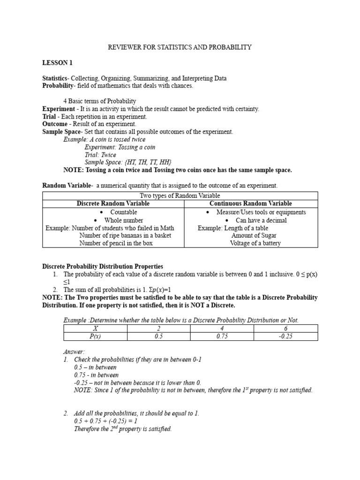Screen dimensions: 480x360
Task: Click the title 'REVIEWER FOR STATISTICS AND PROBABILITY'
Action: click(180, 47)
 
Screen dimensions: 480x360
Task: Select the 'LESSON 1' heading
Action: click(58, 63)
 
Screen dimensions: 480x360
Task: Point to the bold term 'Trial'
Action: click(50, 116)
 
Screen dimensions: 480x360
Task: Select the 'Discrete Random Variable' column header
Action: click(113, 203)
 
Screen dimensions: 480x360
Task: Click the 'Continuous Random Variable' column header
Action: click(250, 203)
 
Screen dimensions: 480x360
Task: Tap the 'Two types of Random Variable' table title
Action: click(180, 195)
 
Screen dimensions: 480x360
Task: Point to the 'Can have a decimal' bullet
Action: click(261, 220)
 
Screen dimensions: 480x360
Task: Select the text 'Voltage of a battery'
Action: click(255, 243)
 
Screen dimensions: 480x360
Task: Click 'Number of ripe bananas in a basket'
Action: click(125, 235)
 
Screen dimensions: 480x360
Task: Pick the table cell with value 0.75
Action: click(222, 337)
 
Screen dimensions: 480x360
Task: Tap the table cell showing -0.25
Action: click(285, 337)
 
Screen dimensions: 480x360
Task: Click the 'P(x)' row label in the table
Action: click(96, 337)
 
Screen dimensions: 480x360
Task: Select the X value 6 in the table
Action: click(285, 329)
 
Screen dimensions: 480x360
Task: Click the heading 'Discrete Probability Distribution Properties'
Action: click(103, 266)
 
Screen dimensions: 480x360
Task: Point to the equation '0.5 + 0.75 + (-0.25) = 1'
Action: click(105, 421)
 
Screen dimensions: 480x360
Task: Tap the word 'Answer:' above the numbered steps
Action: click(74, 352)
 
